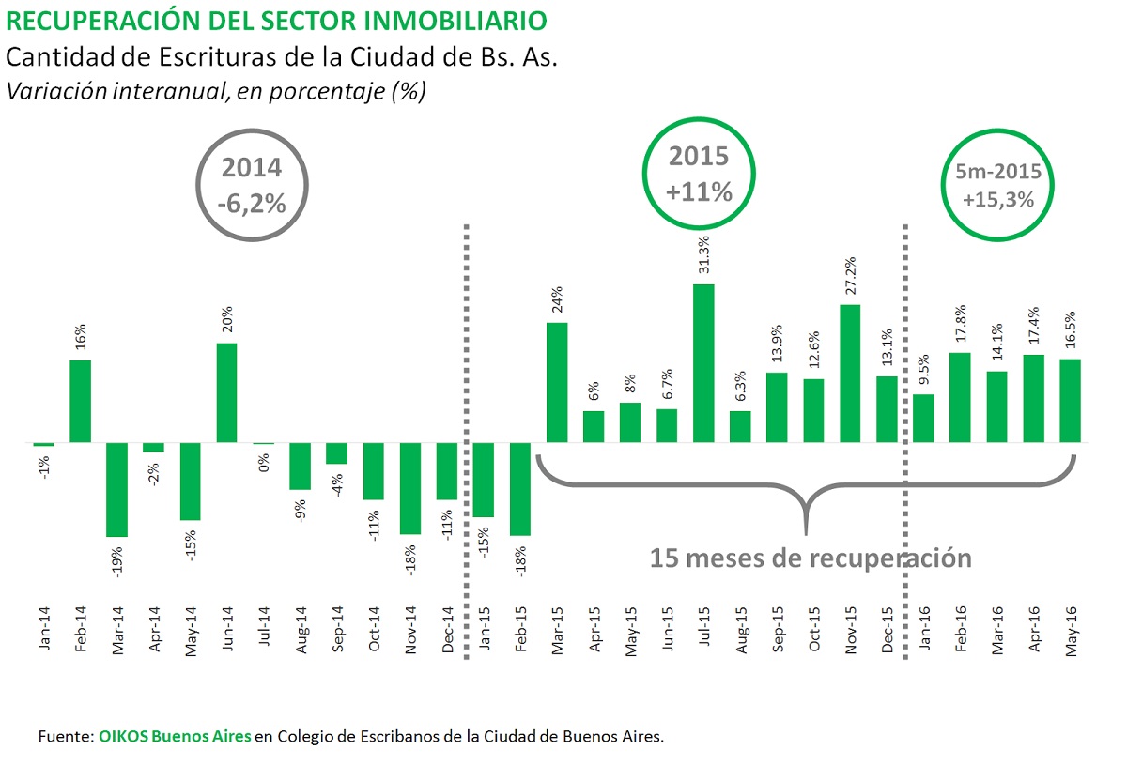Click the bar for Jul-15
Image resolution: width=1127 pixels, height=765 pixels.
tap(703, 362)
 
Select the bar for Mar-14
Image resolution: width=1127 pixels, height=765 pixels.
tap(117, 489)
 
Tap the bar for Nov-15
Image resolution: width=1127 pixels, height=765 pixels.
tap(850, 373)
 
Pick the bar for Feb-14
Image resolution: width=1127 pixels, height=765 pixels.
tap(81, 401)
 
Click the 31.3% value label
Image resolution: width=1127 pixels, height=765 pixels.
tap(703, 254)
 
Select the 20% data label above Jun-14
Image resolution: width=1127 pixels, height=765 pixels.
tap(227, 322)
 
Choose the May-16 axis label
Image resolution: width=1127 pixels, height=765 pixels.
tap(1070, 630)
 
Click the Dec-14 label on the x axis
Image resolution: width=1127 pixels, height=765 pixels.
tap(448, 630)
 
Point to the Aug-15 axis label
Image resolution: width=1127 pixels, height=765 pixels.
tap(740, 630)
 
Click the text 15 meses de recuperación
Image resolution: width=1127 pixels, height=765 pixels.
tap(810, 557)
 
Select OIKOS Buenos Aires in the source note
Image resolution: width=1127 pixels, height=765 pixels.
tap(175, 736)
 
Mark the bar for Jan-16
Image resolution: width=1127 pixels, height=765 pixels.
tap(923, 418)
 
